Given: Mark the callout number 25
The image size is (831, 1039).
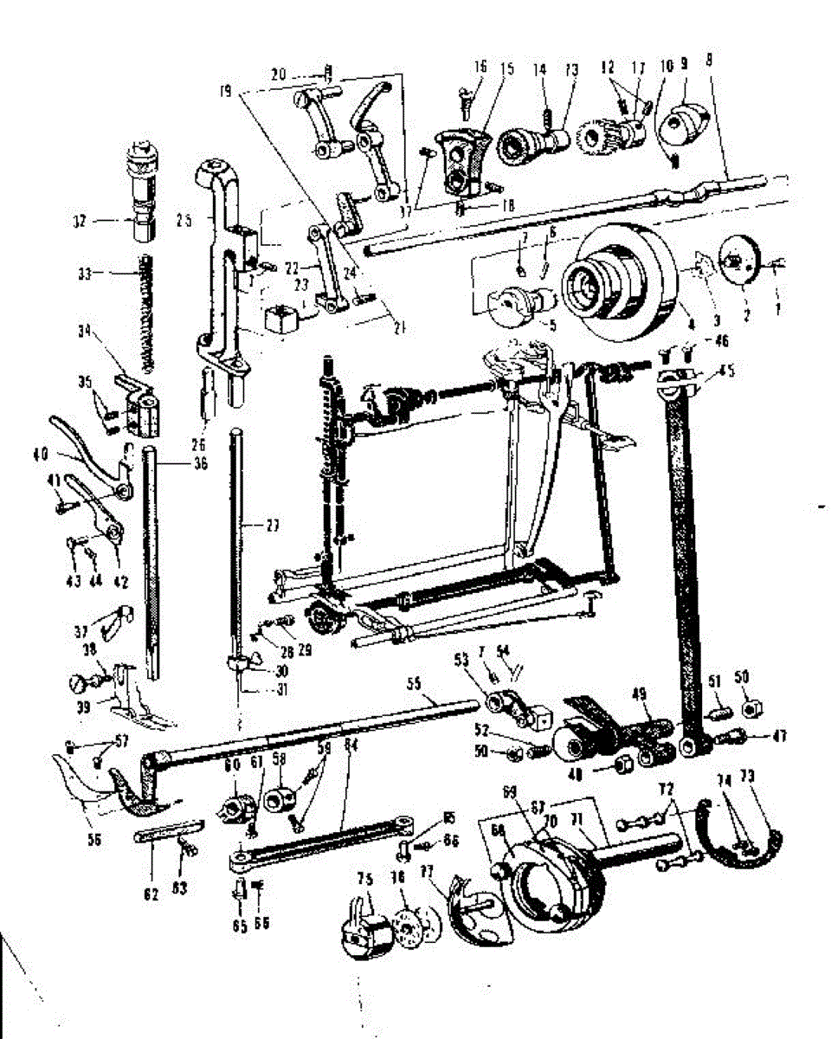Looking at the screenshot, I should point(184,219).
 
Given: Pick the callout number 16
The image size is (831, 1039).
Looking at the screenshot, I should point(481,67).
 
